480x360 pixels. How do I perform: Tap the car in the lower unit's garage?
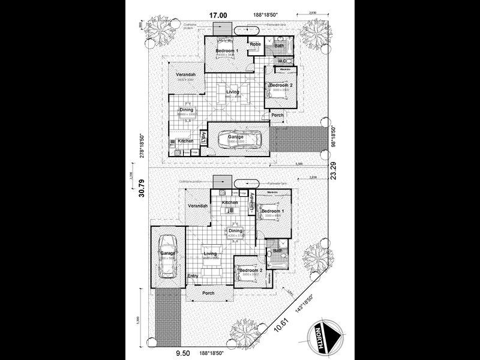[167, 256]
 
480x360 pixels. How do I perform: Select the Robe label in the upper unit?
[255, 44]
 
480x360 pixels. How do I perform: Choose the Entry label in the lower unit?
[193, 276]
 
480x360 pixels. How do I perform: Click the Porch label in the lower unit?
[208, 293]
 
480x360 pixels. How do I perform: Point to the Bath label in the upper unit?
[279, 46]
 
